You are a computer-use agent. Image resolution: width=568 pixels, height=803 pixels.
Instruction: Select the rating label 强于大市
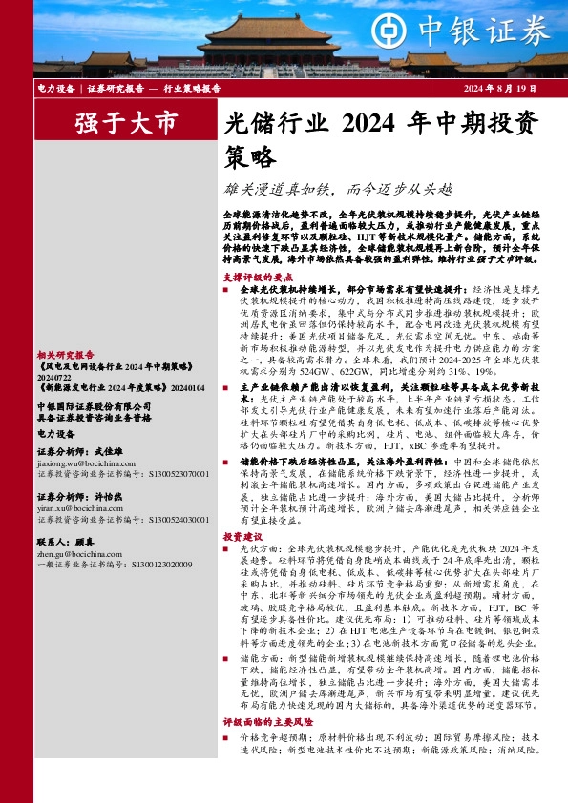tap(126, 122)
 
